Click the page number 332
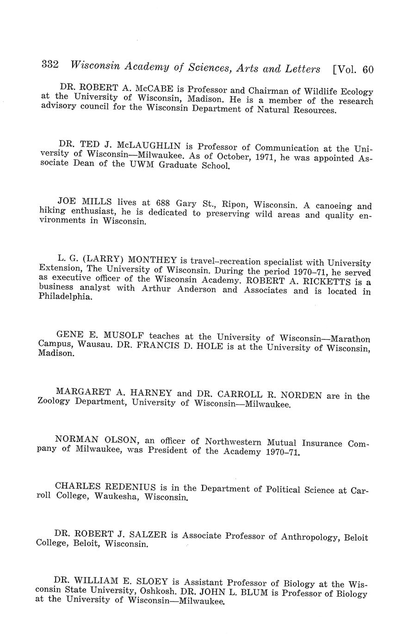point(50,65)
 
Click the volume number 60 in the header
point(368,69)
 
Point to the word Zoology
point(53,401)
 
